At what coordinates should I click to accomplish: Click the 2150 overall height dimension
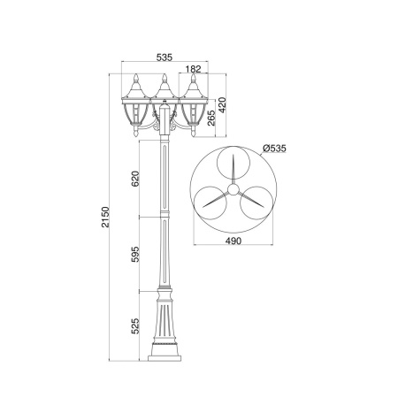(105, 217)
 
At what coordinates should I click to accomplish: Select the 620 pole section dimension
(135, 179)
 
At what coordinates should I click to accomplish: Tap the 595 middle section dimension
(135, 254)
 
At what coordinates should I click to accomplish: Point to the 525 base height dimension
(135, 326)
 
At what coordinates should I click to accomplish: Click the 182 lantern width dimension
(194, 69)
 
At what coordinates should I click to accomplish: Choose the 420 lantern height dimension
(222, 105)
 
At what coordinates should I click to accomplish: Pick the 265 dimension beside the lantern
(211, 118)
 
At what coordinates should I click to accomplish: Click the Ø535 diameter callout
(274, 148)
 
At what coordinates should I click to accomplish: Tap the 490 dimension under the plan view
(233, 241)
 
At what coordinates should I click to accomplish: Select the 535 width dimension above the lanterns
(164, 57)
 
